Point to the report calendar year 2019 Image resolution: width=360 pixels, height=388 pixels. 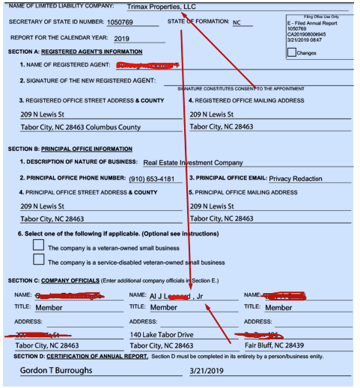click(123, 37)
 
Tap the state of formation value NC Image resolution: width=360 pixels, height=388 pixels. click(237, 22)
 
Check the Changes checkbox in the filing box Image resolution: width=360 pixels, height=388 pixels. click(292, 52)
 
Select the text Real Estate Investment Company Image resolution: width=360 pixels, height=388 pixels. click(193, 162)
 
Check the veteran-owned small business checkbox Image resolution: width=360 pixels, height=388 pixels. click(39, 245)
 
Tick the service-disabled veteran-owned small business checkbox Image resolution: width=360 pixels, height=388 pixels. click(39, 259)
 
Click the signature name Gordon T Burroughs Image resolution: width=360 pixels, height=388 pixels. click(56, 371)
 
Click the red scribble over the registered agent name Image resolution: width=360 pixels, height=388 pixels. click(147, 66)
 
